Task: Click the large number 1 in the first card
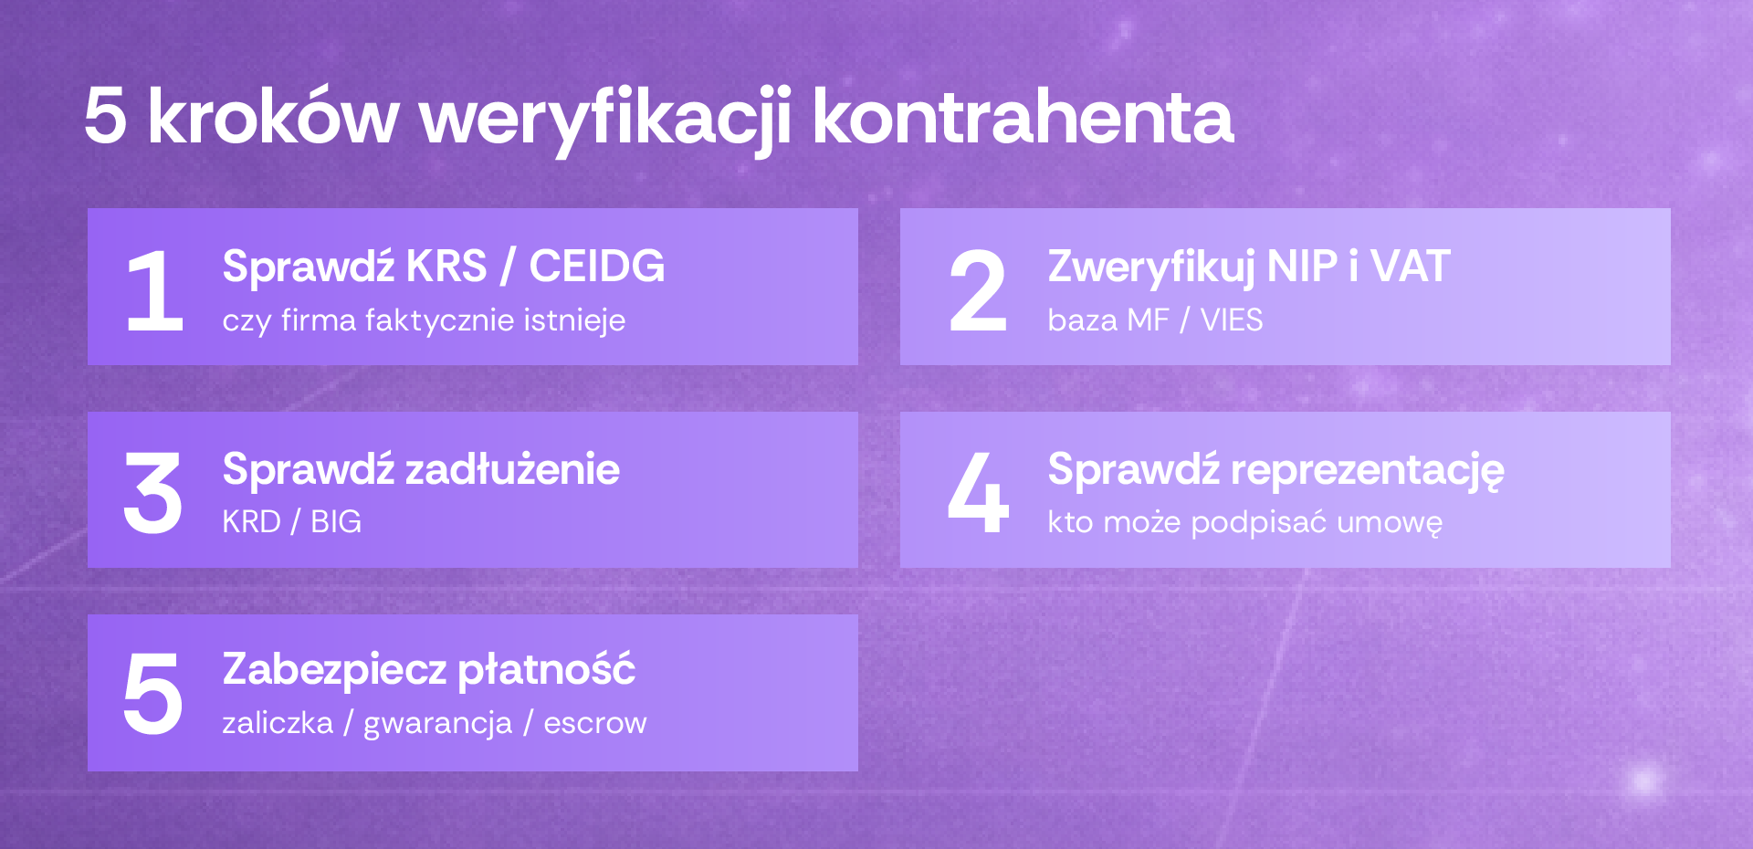[155, 290]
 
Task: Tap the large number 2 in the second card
[978, 290]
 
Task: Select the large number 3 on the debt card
[153, 494]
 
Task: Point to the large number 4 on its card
[978, 493]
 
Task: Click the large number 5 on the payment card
[153, 694]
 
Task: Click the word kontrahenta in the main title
[1023, 117]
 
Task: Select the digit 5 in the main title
[105, 117]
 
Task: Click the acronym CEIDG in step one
[597, 267]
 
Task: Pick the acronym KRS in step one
[446, 267]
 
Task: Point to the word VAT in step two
[1410, 267]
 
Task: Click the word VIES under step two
[1232, 320]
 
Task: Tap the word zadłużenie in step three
[512, 469]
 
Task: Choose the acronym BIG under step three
[336, 522]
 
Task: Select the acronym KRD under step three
[251, 522]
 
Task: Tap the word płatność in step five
[546, 671]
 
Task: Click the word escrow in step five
[595, 724]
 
